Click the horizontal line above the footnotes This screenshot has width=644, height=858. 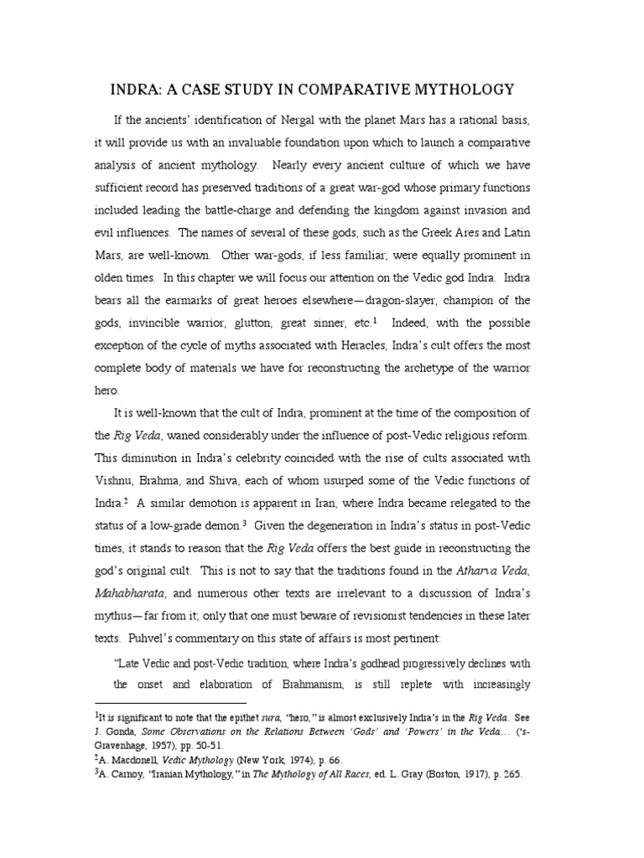click(170, 704)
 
